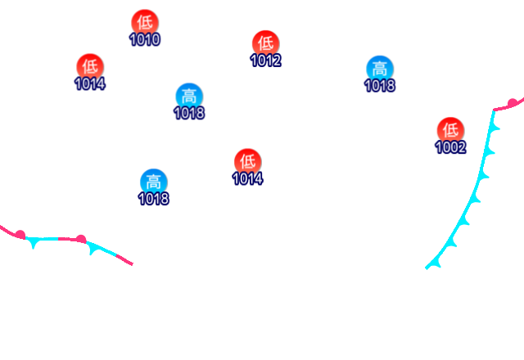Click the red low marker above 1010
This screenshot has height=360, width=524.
[144, 22]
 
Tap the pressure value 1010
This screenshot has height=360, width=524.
[144, 39]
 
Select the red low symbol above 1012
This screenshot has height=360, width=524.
[265, 43]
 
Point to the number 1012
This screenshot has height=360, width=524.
[265, 61]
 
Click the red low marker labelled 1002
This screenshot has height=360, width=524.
[450, 129]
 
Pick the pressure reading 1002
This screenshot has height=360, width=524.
[450, 147]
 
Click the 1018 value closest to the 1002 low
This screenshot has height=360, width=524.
[379, 85]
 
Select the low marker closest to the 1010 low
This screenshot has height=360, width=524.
[90, 65]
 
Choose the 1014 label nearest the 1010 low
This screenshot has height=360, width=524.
[90, 83]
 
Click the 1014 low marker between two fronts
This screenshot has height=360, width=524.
[247, 160]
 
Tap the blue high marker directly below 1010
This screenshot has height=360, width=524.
[189, 95]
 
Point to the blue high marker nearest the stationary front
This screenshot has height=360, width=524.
[153, 181]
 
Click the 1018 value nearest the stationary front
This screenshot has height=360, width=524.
[153, 199]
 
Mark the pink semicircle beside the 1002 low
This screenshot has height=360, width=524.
[513, 102]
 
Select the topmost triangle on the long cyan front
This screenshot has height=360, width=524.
[494, 128]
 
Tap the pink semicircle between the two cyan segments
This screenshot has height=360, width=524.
[80, 238]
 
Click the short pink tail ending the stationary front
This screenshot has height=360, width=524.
[123, 260]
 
